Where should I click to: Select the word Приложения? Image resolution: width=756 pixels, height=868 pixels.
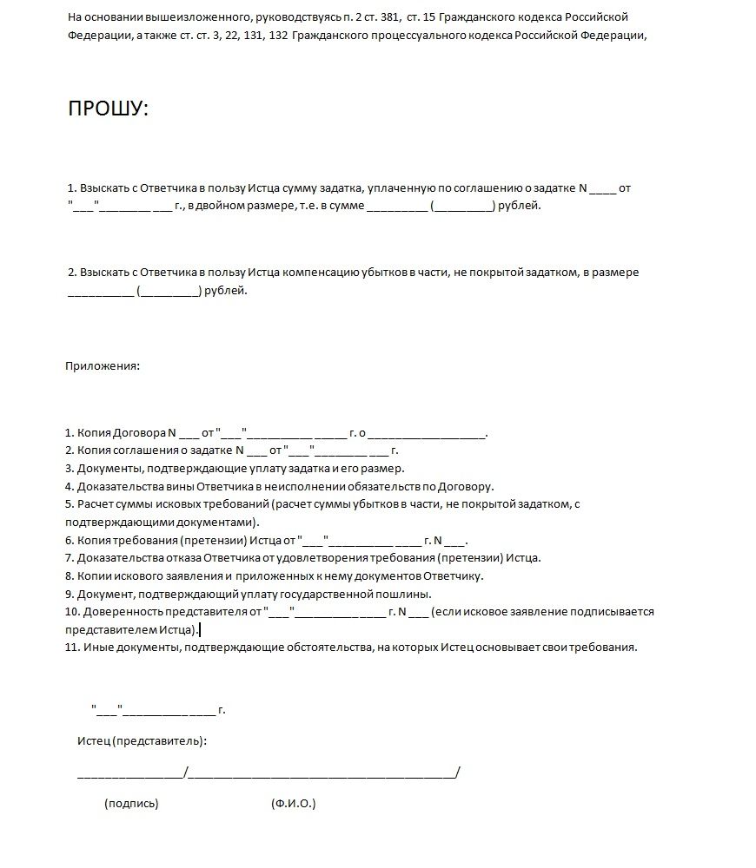point(103,365)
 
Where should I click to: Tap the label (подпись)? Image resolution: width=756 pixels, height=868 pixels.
point(131,804)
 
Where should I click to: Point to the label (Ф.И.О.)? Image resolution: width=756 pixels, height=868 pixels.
point(294,804)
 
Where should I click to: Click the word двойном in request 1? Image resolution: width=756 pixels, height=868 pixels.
point(221,206)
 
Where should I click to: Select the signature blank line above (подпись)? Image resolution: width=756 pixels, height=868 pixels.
point(130,773)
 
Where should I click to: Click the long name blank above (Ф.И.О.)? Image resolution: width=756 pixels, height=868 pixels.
point(322,773)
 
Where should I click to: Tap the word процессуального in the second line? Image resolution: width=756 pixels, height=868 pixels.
point(406,36)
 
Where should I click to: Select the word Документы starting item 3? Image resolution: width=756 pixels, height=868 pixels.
point(107,468)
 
